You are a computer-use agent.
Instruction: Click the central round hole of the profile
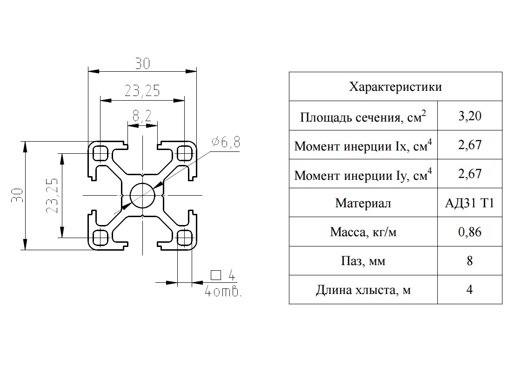tap(142, 195)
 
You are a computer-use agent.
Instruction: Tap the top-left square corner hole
tap(100, 153)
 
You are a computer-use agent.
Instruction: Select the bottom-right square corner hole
tap(184, 238)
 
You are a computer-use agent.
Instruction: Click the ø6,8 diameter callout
tap(225, 142)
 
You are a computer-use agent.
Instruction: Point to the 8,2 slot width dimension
tap(142, 116)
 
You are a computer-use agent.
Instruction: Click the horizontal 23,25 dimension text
tap(142, 91)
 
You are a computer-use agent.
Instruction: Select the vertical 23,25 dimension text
tap(52, 196)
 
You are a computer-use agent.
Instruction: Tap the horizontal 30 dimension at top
tap(142, 63)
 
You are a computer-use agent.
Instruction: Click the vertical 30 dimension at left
tap(17, 196)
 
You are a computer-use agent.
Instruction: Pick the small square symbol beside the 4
tap(216, 275)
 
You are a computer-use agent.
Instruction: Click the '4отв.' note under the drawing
tap(223, 292)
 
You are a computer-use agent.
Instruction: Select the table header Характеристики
tap(395, 87)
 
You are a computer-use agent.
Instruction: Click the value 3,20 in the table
tap(470, 116)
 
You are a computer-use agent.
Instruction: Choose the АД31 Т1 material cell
tap(470, 203)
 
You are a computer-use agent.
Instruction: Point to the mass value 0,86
tap(470, 232)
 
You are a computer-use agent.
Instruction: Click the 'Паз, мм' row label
tap(363, 261)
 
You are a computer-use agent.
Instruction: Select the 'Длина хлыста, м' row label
tap(363, 290)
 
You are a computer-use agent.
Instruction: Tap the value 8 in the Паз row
tap(470, 260)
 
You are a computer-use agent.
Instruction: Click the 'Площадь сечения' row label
tap(363, 116)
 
